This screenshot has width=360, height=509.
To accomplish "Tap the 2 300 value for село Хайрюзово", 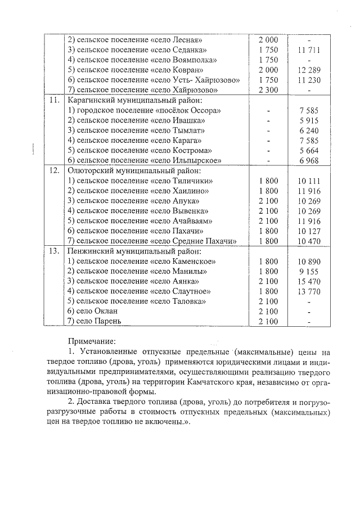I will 268,90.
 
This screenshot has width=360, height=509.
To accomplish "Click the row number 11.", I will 55,100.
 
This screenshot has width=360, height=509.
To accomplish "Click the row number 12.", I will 55,170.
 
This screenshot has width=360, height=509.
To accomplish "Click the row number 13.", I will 55,251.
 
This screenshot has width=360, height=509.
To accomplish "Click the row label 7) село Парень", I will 94,321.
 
